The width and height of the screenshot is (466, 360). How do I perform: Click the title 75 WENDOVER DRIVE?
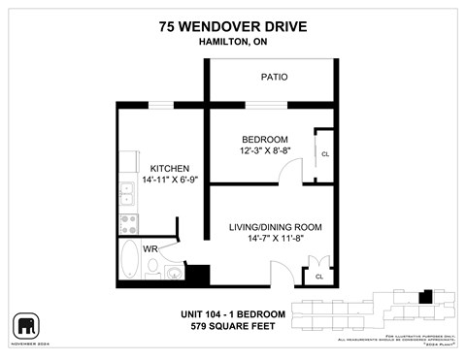click(232, 26)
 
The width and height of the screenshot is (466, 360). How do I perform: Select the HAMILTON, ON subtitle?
click(232, 43)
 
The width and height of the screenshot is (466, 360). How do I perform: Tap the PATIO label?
click(273, 77)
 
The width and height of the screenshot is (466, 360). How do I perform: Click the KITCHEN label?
click(162, 168)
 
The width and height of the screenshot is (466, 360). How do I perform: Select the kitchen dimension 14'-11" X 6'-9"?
click(162, 180)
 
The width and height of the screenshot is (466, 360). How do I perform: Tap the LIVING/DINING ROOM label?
click(275, 227)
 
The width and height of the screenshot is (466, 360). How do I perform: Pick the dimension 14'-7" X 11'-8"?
click(275, 240)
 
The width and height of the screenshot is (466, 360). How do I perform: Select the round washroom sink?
click(172, 274)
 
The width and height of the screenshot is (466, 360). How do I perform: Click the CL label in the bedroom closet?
click(324, 154)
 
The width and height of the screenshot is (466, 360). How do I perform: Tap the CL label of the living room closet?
click(318, 277)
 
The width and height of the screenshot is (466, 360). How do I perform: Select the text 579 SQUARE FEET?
click(232, 327)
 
